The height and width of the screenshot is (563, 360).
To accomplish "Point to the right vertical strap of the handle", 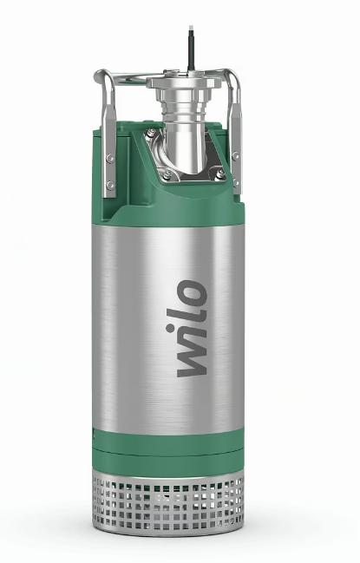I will point(235,139).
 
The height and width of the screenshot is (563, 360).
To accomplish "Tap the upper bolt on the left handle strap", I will point(110,158).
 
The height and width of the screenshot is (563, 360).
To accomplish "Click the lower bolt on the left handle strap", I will point(110,185).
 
